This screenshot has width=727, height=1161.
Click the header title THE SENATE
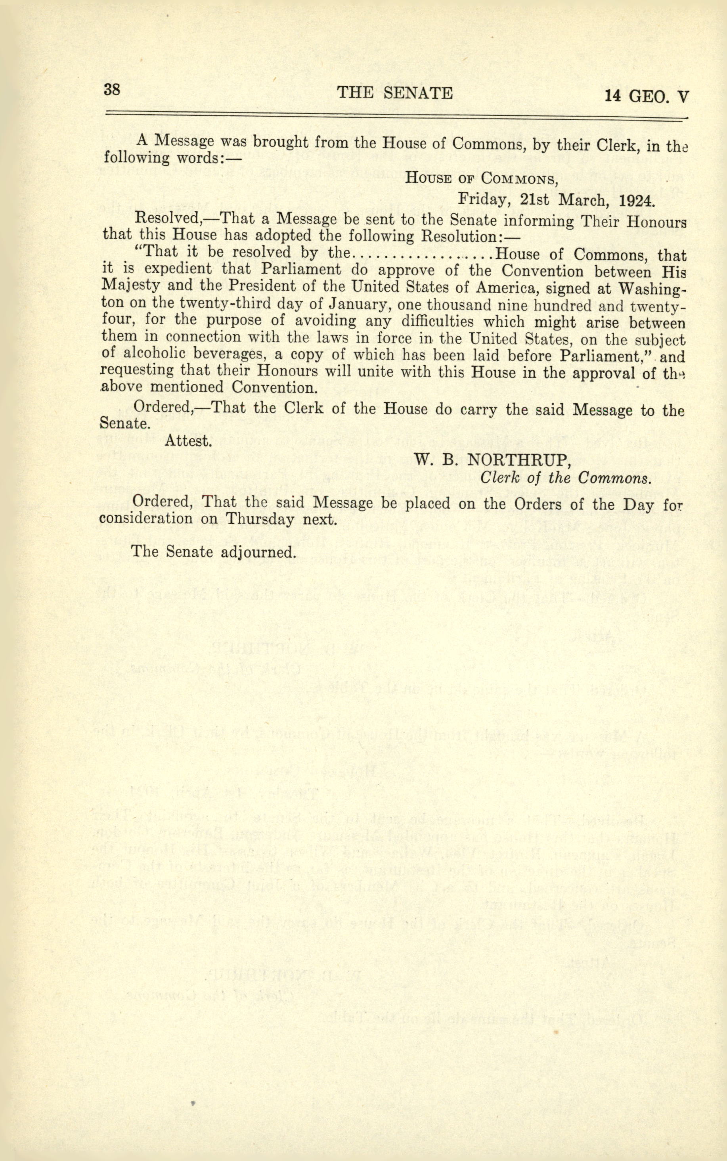click(x=395, y=93)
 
